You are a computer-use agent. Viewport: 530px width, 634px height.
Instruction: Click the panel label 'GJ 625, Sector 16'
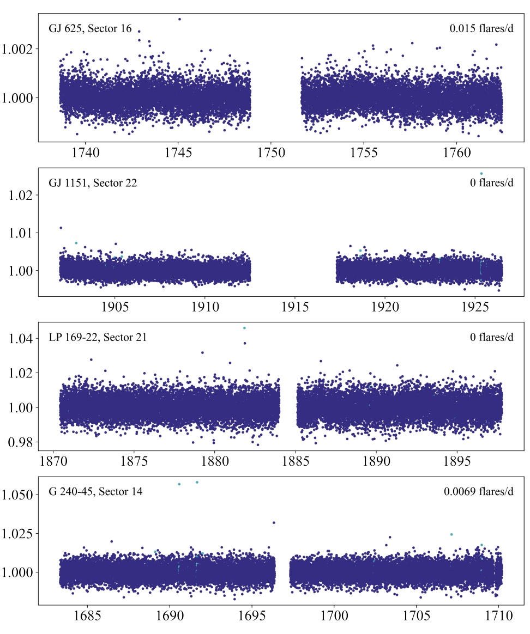tap(90, 29)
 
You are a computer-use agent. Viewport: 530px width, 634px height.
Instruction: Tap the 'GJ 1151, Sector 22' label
tap(93, 183)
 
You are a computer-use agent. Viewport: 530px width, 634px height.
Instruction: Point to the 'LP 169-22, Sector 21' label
tap(98, 338)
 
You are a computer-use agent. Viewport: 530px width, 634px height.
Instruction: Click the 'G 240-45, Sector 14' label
tap(95, 492)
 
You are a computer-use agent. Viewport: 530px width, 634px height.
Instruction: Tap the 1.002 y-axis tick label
tap(20, 49)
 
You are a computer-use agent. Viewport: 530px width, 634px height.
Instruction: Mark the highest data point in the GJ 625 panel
tap(179, 19)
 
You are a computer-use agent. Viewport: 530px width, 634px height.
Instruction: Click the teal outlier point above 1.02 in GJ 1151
tap(481, 174)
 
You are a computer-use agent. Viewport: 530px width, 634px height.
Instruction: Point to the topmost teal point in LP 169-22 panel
tap(244, 328)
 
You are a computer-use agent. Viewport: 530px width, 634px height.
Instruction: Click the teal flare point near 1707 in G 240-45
tap(451, 534)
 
